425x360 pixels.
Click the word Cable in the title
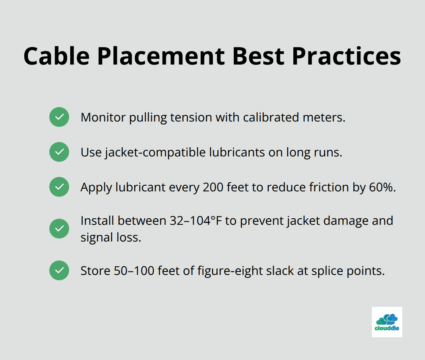click(x=57, y=56)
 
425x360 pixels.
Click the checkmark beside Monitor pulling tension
click(x=59, y=117)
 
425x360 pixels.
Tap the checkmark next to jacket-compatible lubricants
click(x=59, y=152)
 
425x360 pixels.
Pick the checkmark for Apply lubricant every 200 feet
click(x=59, y=187)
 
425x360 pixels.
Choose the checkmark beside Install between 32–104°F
click(x=59, y=229)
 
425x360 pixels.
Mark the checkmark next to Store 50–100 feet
click(x=59, y=270)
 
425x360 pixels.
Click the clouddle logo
click(x=387, y=322)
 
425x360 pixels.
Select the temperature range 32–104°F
click(x=192, y=221)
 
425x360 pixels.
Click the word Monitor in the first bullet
click(x=103, y=117)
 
